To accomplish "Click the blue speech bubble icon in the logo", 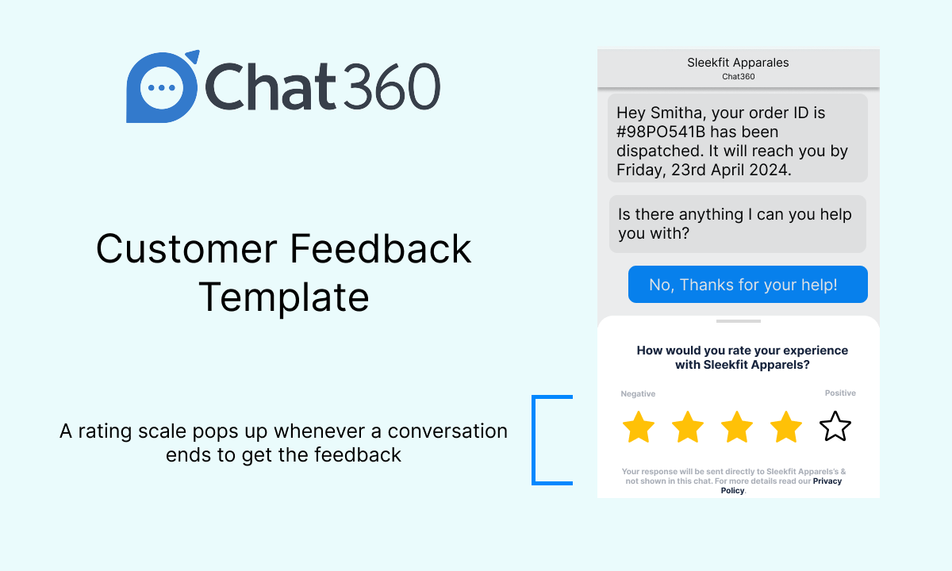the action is (163, 86).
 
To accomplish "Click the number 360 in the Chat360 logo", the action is (391, 86).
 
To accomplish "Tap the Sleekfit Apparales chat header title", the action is (738, 63).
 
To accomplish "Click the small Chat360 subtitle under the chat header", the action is (739, 76).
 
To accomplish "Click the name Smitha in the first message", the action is (676, 113).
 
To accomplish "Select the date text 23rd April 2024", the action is (731, 170).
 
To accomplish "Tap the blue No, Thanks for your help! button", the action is (747, 284).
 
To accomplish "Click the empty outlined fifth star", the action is (835, 426).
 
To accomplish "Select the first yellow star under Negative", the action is (639, 427).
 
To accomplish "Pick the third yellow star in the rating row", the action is (737, 427).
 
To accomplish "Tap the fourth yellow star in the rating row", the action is (786, 427).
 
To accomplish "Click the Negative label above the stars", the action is (638, 394).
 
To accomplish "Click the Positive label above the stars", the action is (840, 393).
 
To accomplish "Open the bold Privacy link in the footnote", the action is (827, 481).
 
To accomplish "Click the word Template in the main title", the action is (284, 297).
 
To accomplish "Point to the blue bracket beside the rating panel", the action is (534, 440).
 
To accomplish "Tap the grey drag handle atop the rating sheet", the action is (739, 321).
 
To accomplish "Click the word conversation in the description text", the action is (447, 431).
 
